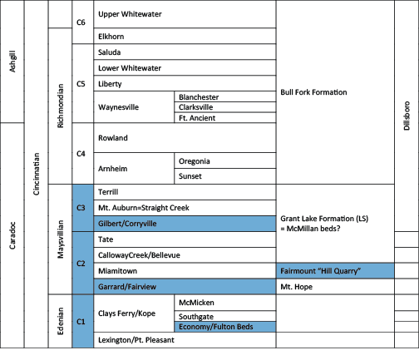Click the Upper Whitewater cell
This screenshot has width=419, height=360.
click(x=185, y=14)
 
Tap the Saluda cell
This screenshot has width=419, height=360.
click(x=185, y=52)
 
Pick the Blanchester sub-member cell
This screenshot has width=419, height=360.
click(x=225, y=96)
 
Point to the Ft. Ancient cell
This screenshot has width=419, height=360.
click(x=225, y=118)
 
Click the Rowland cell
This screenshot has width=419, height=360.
click(x=185, y=138)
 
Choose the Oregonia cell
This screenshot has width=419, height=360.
click(x=225, y=160)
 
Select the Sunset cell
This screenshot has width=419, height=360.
click(x=225, y=176)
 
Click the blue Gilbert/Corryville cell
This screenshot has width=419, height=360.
click(x=185, y=224)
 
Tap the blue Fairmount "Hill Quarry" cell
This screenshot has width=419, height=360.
click(x=335, y=271)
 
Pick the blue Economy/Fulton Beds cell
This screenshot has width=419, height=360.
click(x=225, y=327)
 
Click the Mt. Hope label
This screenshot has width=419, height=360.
click(x=296, y=287)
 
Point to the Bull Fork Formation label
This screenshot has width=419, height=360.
click(x=313, y=92)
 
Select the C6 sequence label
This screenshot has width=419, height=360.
click(x=81, y=22)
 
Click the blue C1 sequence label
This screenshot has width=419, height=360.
click(x=81, y=322)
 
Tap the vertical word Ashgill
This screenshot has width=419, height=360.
click(x=12, y=62)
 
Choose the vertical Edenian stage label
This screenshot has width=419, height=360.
click(x=60, y=321)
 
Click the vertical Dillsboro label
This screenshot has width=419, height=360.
click(x=407, y=116)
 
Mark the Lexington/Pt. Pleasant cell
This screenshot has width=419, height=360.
click(x=185, y=340)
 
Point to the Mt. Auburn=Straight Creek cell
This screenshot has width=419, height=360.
click(x=185, y=208)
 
